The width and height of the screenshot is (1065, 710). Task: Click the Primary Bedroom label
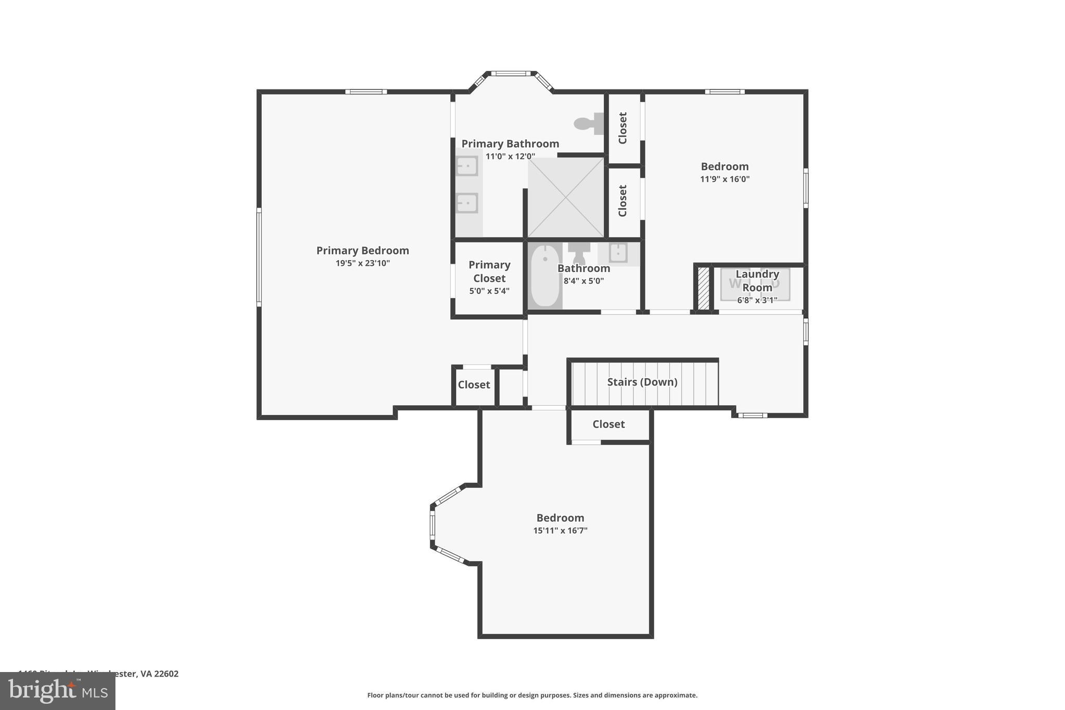[362, 251]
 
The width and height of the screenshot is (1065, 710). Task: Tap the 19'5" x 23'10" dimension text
[362, 263]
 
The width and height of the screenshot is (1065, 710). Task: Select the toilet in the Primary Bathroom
[588, 123]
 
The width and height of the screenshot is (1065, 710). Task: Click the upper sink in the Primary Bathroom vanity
[466, 166]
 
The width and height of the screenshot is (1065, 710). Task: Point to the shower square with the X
[566, 198]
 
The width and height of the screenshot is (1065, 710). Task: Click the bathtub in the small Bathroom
[545, 276]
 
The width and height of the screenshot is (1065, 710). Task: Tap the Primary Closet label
[489, 272]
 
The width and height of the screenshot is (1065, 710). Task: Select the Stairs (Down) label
[642, 382]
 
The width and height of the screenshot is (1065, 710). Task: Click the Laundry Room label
[757, 280]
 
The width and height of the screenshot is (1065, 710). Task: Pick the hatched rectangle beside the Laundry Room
[703, 289]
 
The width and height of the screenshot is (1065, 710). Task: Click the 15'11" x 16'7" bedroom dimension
[560, 531]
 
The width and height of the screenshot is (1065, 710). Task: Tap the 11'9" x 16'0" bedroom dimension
[724, 179]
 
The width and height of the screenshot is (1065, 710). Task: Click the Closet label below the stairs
[608, 424]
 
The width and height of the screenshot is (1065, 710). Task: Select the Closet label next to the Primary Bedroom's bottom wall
[474, 385]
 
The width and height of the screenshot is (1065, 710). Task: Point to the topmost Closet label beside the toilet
[622, 128]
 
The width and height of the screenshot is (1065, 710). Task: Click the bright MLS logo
[58, 691]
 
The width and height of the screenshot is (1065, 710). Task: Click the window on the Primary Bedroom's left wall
[259, 256]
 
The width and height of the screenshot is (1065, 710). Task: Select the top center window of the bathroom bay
[511, 74]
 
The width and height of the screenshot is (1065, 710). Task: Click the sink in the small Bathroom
[618, 253]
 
